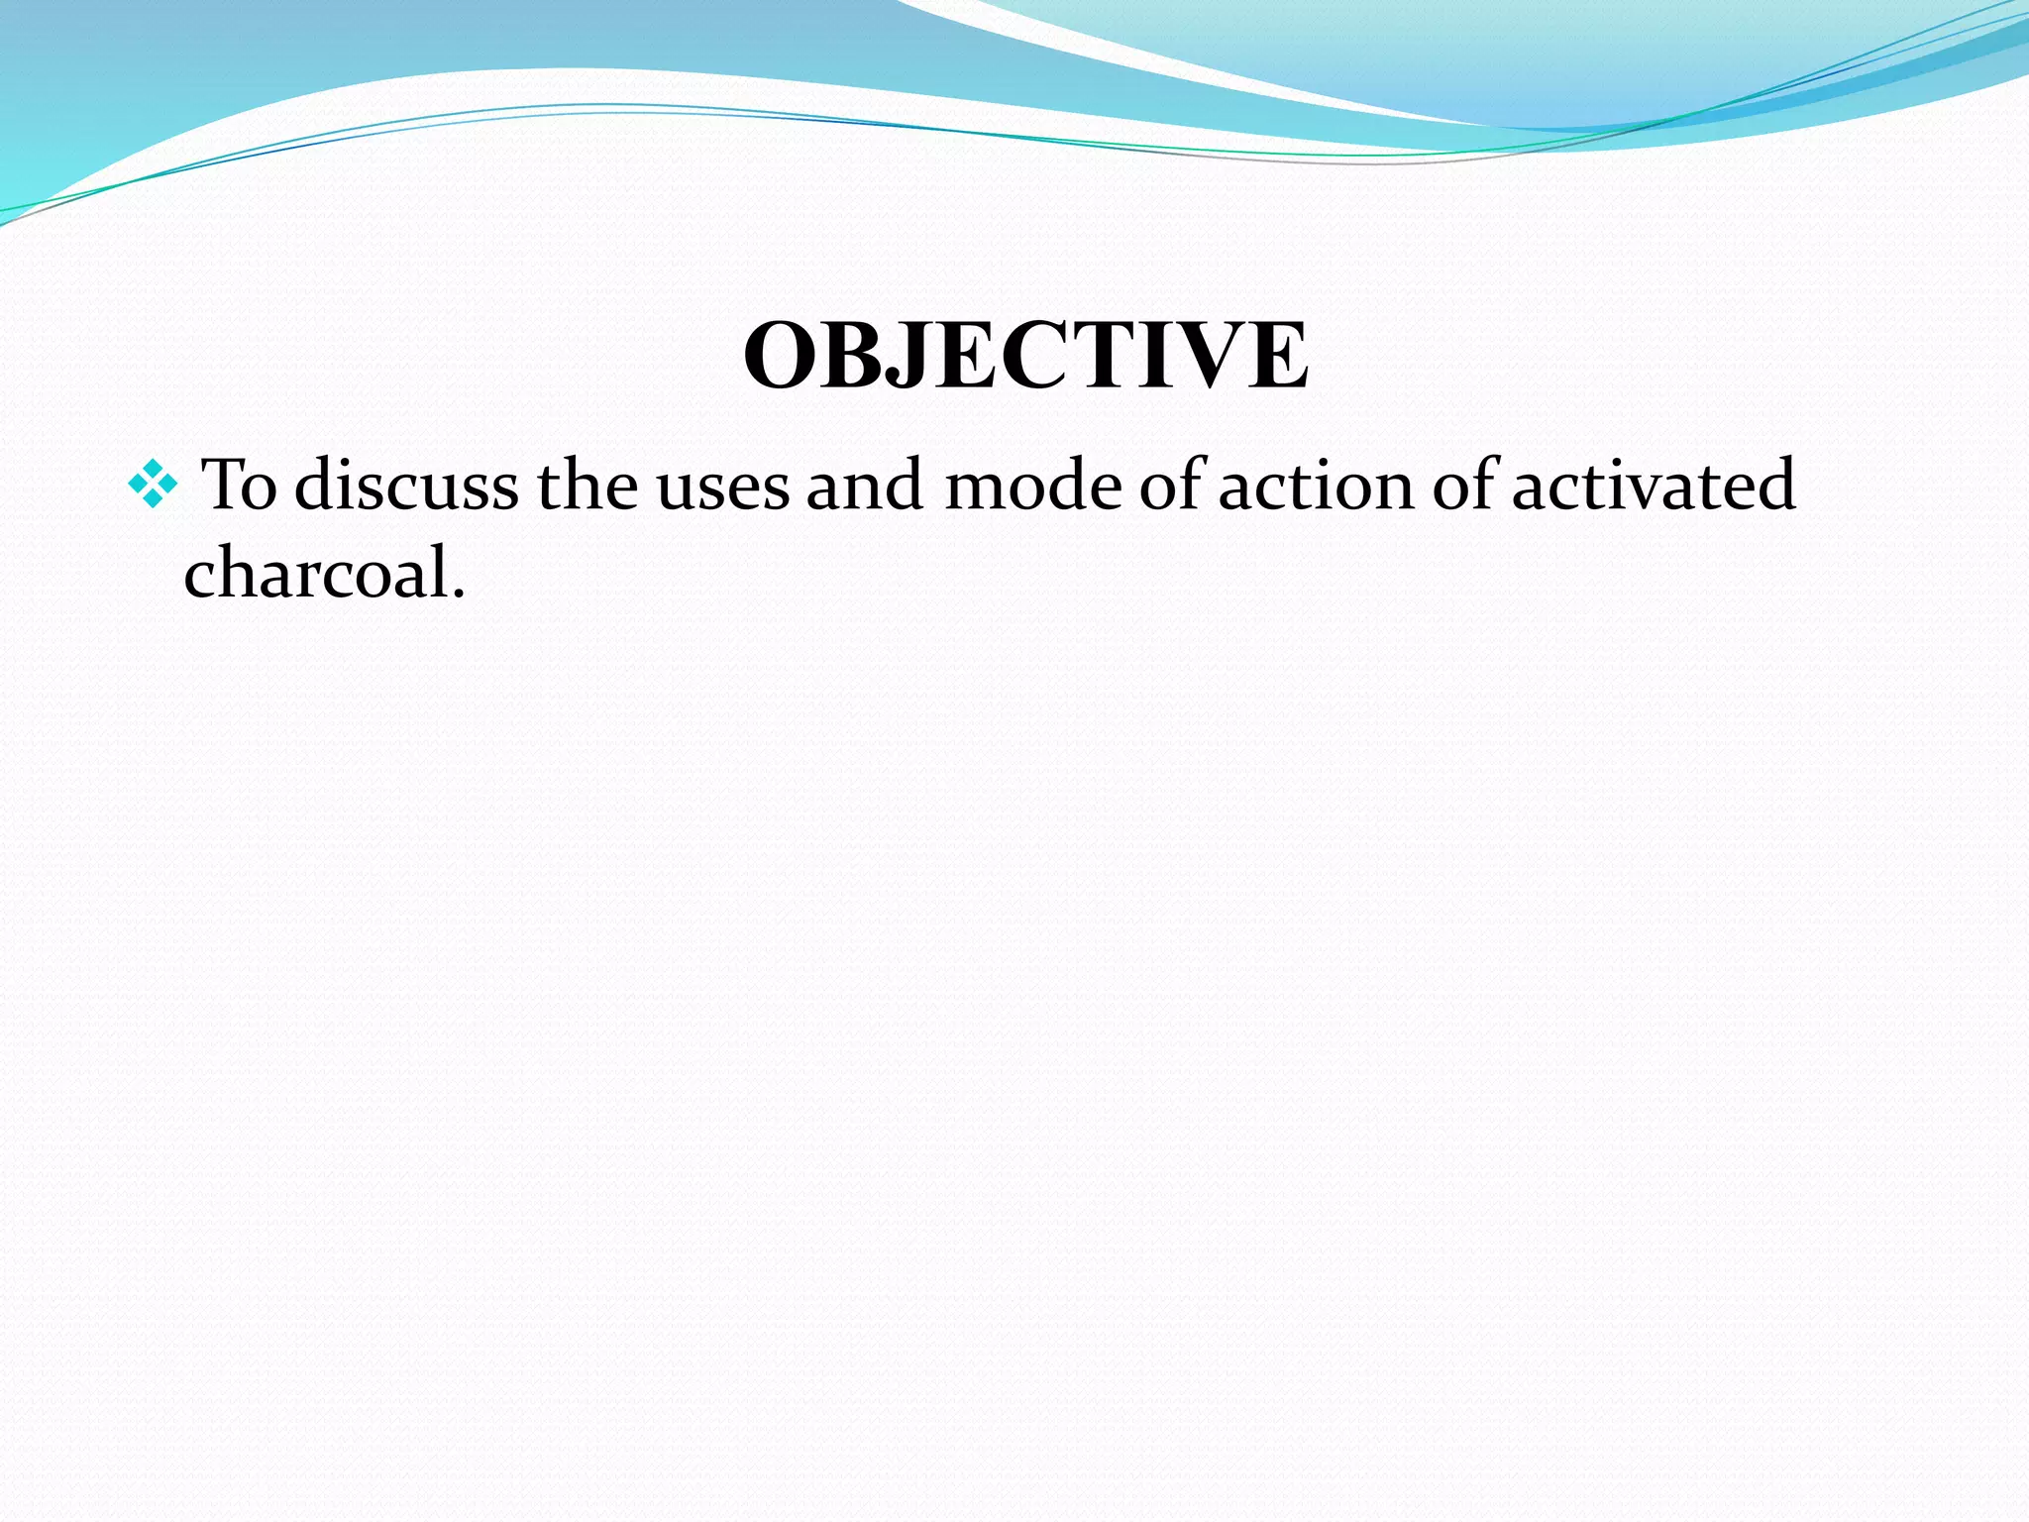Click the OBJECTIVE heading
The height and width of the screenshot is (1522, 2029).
tap(1025, 356)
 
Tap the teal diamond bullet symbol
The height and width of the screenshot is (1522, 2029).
tap(153, 485)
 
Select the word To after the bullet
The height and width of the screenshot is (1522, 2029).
tap(239, 485)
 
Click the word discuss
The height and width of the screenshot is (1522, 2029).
tap(406, 485)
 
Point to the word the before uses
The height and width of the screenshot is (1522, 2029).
tap(587, 485)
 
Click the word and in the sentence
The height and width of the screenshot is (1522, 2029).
tap(865, 485)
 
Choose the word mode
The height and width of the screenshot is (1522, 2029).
tap(1030, 485)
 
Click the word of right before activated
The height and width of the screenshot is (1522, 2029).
tap(1467, 485)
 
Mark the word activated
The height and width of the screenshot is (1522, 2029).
tap(1654, 485)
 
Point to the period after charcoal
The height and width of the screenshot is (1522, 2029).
tap(458, 596)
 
